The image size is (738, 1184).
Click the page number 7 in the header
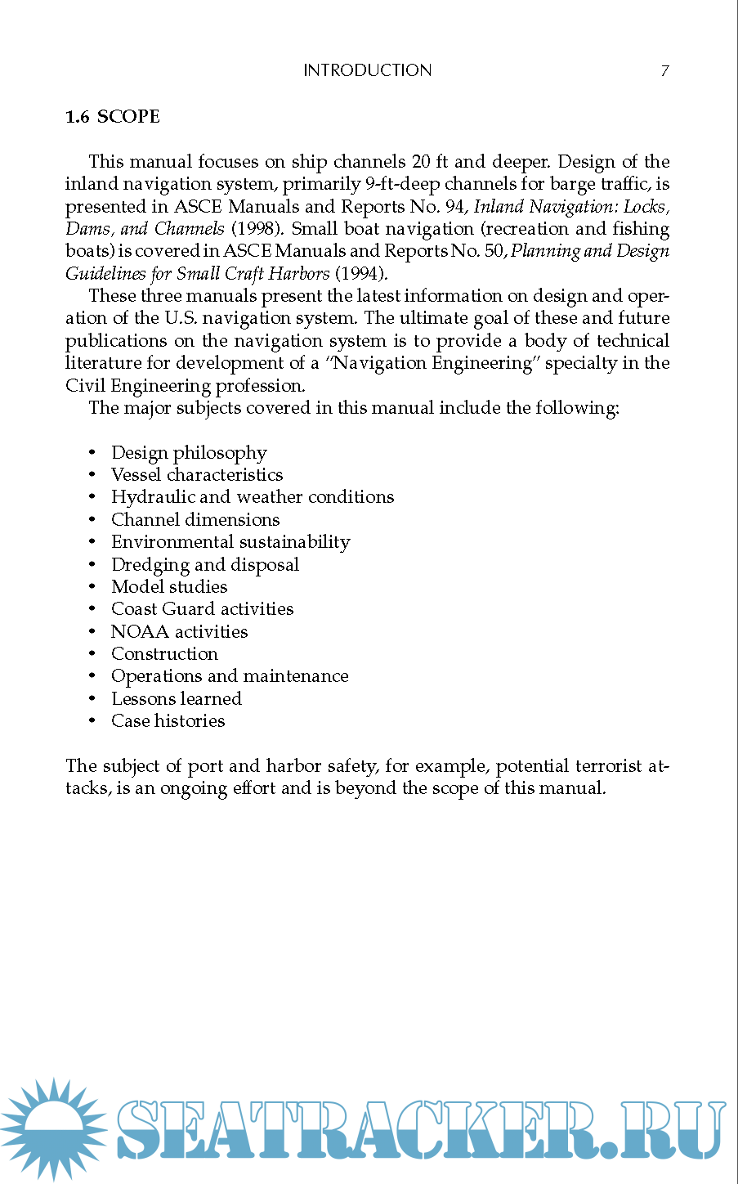point(664,71)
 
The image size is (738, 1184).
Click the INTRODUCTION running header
point(367,71)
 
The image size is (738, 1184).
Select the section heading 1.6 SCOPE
point(113,117)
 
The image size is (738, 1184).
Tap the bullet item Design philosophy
point(189,453)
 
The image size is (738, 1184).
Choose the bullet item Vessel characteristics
point(197,475)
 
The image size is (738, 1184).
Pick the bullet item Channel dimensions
point(195,520)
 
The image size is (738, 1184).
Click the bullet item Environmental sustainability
point(230,542)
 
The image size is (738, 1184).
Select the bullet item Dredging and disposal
point(205,565)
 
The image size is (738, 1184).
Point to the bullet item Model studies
point(169,587)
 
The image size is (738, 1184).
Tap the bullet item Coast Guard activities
point(202,609)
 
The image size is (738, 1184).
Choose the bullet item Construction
point(164,654)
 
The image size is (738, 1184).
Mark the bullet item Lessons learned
point(177,699)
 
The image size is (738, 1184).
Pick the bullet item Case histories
point(168,721)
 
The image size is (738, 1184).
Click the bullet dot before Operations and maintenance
point(92,677)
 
